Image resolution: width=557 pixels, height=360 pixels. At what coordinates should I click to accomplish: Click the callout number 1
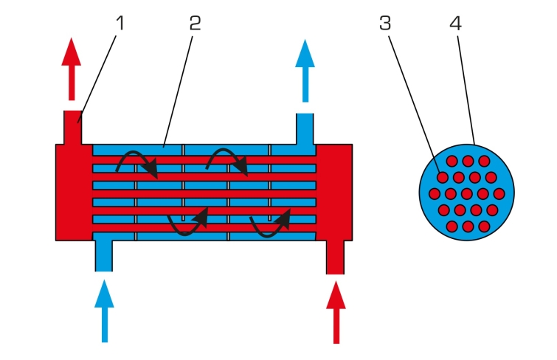click(x=120, y=23)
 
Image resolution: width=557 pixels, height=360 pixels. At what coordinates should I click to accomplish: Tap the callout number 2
click(x=195, y=23)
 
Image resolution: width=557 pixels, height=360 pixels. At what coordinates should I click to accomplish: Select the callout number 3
click(x=385, y=23)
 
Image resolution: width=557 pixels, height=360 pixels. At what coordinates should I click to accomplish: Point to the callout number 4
click(x=455, y=23)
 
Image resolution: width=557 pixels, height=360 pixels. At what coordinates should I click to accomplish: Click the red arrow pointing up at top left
click(x=72, y=69)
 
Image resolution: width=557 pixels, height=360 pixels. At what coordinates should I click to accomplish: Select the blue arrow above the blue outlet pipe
click(x=305, y=71)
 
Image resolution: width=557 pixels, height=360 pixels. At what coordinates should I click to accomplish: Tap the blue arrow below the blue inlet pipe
click(x=105, y=311)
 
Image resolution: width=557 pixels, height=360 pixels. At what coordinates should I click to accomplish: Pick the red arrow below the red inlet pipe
click(x=336, y=312)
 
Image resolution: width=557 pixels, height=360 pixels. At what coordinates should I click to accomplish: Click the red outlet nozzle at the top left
click(x=73, y=127)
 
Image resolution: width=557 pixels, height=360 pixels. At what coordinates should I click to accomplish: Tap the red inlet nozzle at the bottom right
click(x=336, y=257)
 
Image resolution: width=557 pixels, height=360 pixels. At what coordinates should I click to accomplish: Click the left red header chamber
click(x=74, y=193)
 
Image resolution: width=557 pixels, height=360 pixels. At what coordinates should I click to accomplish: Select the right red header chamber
click(x=334, y=193)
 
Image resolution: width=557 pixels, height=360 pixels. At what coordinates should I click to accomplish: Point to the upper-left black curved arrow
click(x=137, y=165)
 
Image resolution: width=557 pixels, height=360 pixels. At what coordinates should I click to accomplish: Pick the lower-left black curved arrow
click(x=187, y=222)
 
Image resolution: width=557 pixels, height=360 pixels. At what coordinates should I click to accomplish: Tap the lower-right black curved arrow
click(x=270, y=223)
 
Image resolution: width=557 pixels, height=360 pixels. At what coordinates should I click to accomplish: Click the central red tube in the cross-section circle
click(x=467, y=194)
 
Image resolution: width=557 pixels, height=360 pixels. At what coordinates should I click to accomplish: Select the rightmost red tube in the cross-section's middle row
click(x=499, y=194)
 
